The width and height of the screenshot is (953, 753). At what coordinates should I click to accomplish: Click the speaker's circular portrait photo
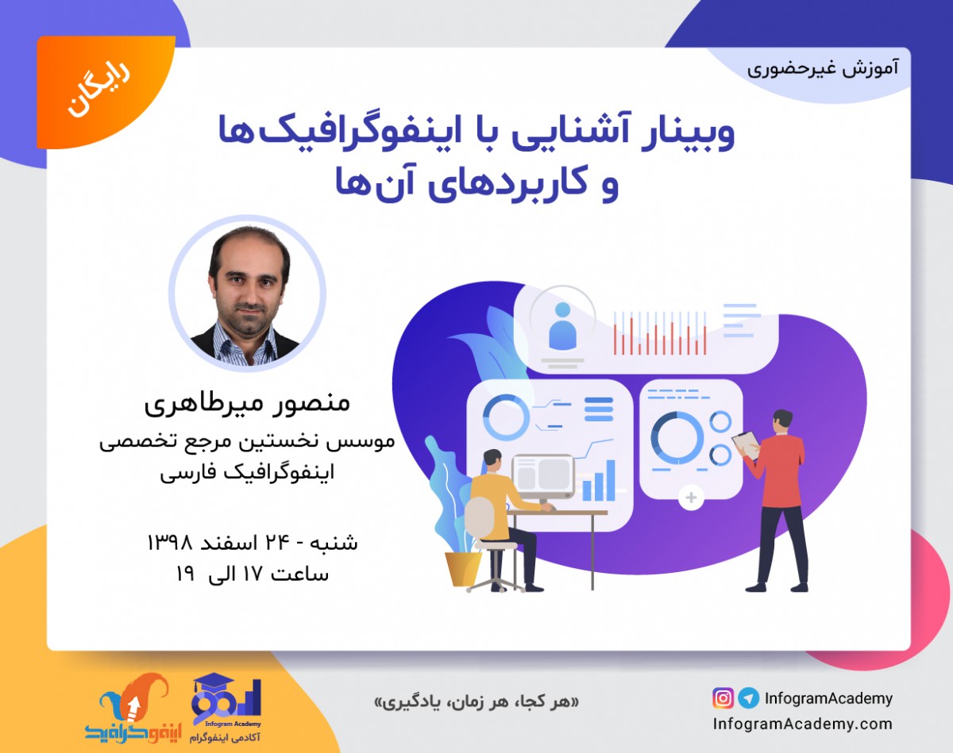point(247,294)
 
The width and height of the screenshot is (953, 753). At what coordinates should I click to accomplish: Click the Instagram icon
point(723,698)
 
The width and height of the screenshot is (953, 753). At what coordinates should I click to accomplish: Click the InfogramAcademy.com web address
point(802,724)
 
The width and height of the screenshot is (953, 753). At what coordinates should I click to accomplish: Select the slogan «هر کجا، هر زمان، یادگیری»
point(476,702)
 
